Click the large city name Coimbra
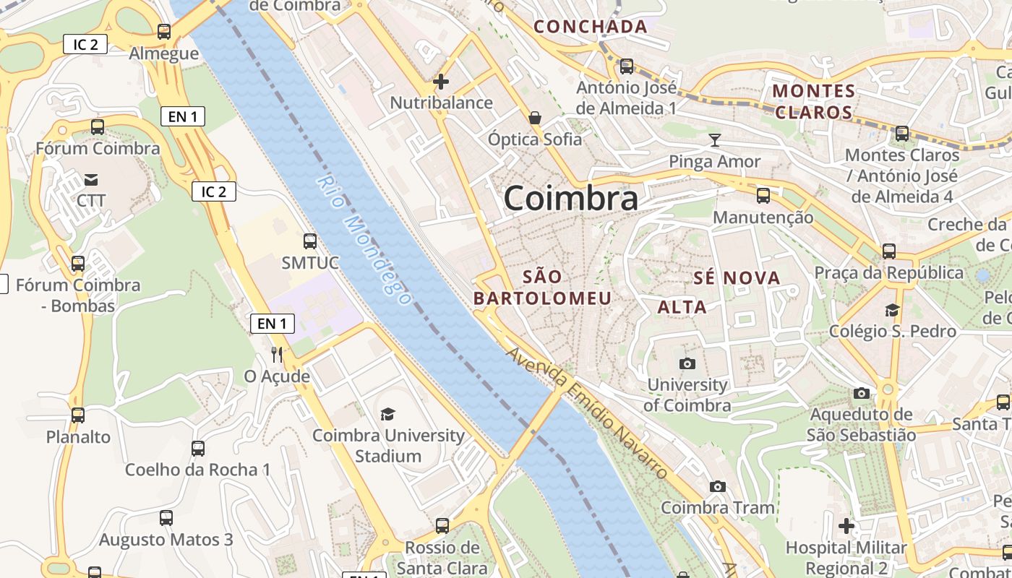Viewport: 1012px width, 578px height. point(570,198)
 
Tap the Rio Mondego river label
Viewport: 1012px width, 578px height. point(364,239)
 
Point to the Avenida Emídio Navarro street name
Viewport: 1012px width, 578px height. point(586,413)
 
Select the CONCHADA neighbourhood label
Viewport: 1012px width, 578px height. point(590,27)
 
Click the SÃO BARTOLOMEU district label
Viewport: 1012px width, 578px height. point(542,287)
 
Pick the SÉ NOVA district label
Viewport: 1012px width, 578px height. point(737,278)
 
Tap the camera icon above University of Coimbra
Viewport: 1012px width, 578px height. point(687,363)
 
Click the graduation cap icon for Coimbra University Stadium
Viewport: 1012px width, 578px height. point(388,414)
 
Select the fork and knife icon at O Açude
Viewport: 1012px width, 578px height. point(276,354)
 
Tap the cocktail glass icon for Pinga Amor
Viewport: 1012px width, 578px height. point(715,140)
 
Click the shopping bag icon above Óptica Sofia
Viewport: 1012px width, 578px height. point(535,117)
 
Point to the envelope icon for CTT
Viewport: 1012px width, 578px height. point(91,179)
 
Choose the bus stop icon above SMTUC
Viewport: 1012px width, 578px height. point(310,241)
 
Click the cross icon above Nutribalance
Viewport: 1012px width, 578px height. point(441,82)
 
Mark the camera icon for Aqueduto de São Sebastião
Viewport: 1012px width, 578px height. point(861,393)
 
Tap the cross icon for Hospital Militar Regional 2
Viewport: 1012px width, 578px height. point(846,525)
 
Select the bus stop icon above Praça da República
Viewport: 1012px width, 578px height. point(889,251)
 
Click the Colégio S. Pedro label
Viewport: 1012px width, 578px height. point(892,332)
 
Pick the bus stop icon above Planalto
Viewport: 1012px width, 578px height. point(78,415)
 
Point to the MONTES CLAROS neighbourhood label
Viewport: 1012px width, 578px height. point(814,102)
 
